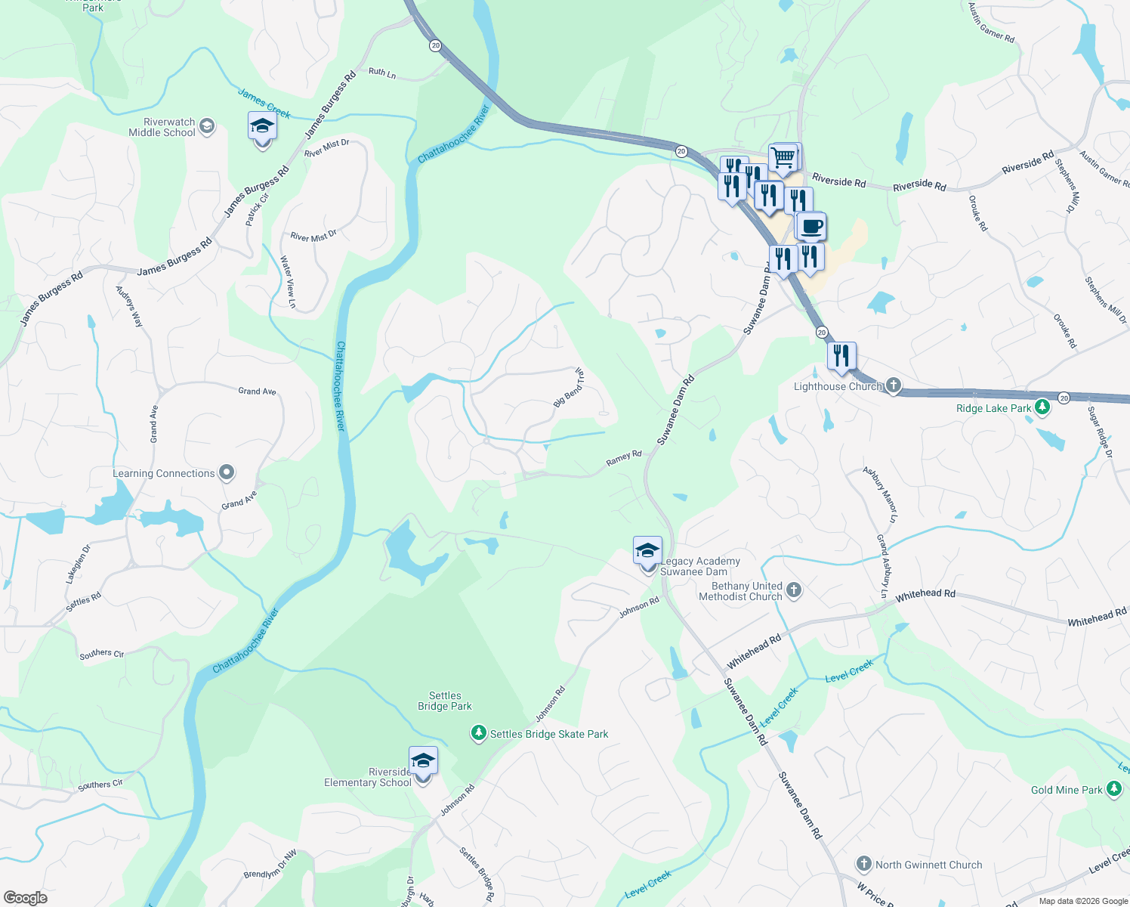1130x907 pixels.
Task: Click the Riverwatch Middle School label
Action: pyautogui.click(x=162, y=127)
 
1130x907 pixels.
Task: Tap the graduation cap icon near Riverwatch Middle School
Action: pyautogui.click(x=262, y=126)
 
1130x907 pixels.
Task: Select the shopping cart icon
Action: pyautogui.click(x=783, y=158)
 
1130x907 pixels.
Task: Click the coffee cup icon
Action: pyautogui.click(x=811, y=227)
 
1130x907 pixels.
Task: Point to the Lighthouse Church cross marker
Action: pyautogui.click(x=894, y=385)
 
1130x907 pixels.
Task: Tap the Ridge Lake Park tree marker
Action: pyautogui.click(x=1042, y=407)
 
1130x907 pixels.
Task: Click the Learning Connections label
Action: pyautogui.click(x=164, y=473)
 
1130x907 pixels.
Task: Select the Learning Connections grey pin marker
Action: pyautogui.click(x=227, y=473)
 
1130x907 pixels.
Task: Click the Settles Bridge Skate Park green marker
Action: pyautogui.click(x=478, y=733)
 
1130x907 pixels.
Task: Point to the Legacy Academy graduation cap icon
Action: pyautogui.click(x=647, y=550)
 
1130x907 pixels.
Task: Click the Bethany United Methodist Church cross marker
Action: pyautogui.click(x=793, y=590)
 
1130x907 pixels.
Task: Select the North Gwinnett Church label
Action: pyautogui.click(x=928, y=865)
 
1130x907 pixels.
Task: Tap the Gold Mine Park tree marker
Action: pyautogui.click(x=1114, y=789)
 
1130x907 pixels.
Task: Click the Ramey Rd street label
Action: pyautogui.click(x=623, y=458)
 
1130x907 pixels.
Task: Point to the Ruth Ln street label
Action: pyautogui.click(x=382, y=73)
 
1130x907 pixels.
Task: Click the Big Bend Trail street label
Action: pyautogui.click(x=569, y=387)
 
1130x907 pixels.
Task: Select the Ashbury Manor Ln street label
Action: pyautogui.click(x=881, y=495)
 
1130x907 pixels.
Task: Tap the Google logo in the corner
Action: pyautogui.click(x=26, y=897)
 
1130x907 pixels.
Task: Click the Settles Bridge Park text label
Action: pyautogui.click(x=445, y=701)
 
